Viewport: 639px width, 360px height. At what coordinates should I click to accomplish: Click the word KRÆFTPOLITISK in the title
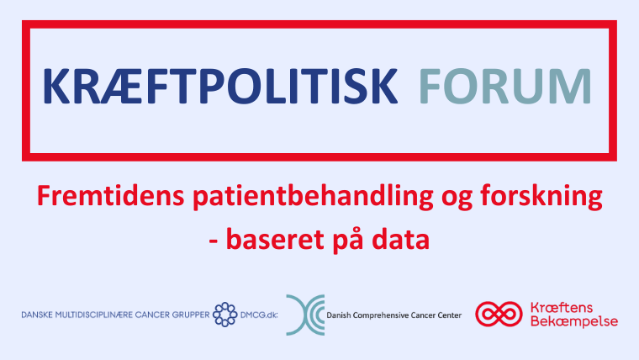[x=220, y=87]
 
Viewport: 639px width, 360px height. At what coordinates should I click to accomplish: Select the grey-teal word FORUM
[x=505, y=87]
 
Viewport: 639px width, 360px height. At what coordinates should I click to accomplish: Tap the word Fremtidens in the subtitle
[x=111, y=196]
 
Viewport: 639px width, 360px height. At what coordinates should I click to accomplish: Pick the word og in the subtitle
[x=457, y=200]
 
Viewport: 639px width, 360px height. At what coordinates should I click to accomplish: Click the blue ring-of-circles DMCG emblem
[x=225, y=315]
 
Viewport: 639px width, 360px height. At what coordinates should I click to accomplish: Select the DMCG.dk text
[x=259, y=315]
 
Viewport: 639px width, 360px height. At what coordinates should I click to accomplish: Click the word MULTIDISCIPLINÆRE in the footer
[x=93, y=315]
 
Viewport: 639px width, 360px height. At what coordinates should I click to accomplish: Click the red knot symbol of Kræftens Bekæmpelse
[x=499, y=314]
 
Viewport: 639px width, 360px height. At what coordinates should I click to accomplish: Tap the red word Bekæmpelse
[x=574, y=321]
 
